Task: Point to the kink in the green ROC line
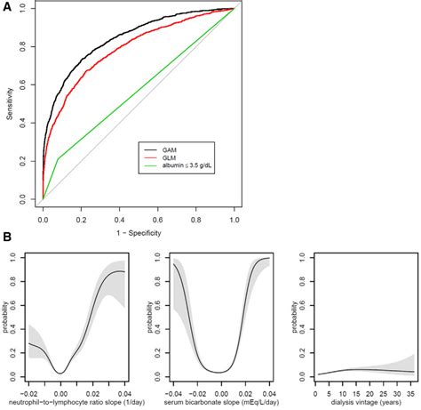point(59,158)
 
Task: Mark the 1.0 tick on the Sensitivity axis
point(29,9)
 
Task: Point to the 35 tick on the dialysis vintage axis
point(410,388)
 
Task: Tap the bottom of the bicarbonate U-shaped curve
point(223,372)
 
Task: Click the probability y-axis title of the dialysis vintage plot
point(298,317)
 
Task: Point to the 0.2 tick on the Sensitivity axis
point(29,162)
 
